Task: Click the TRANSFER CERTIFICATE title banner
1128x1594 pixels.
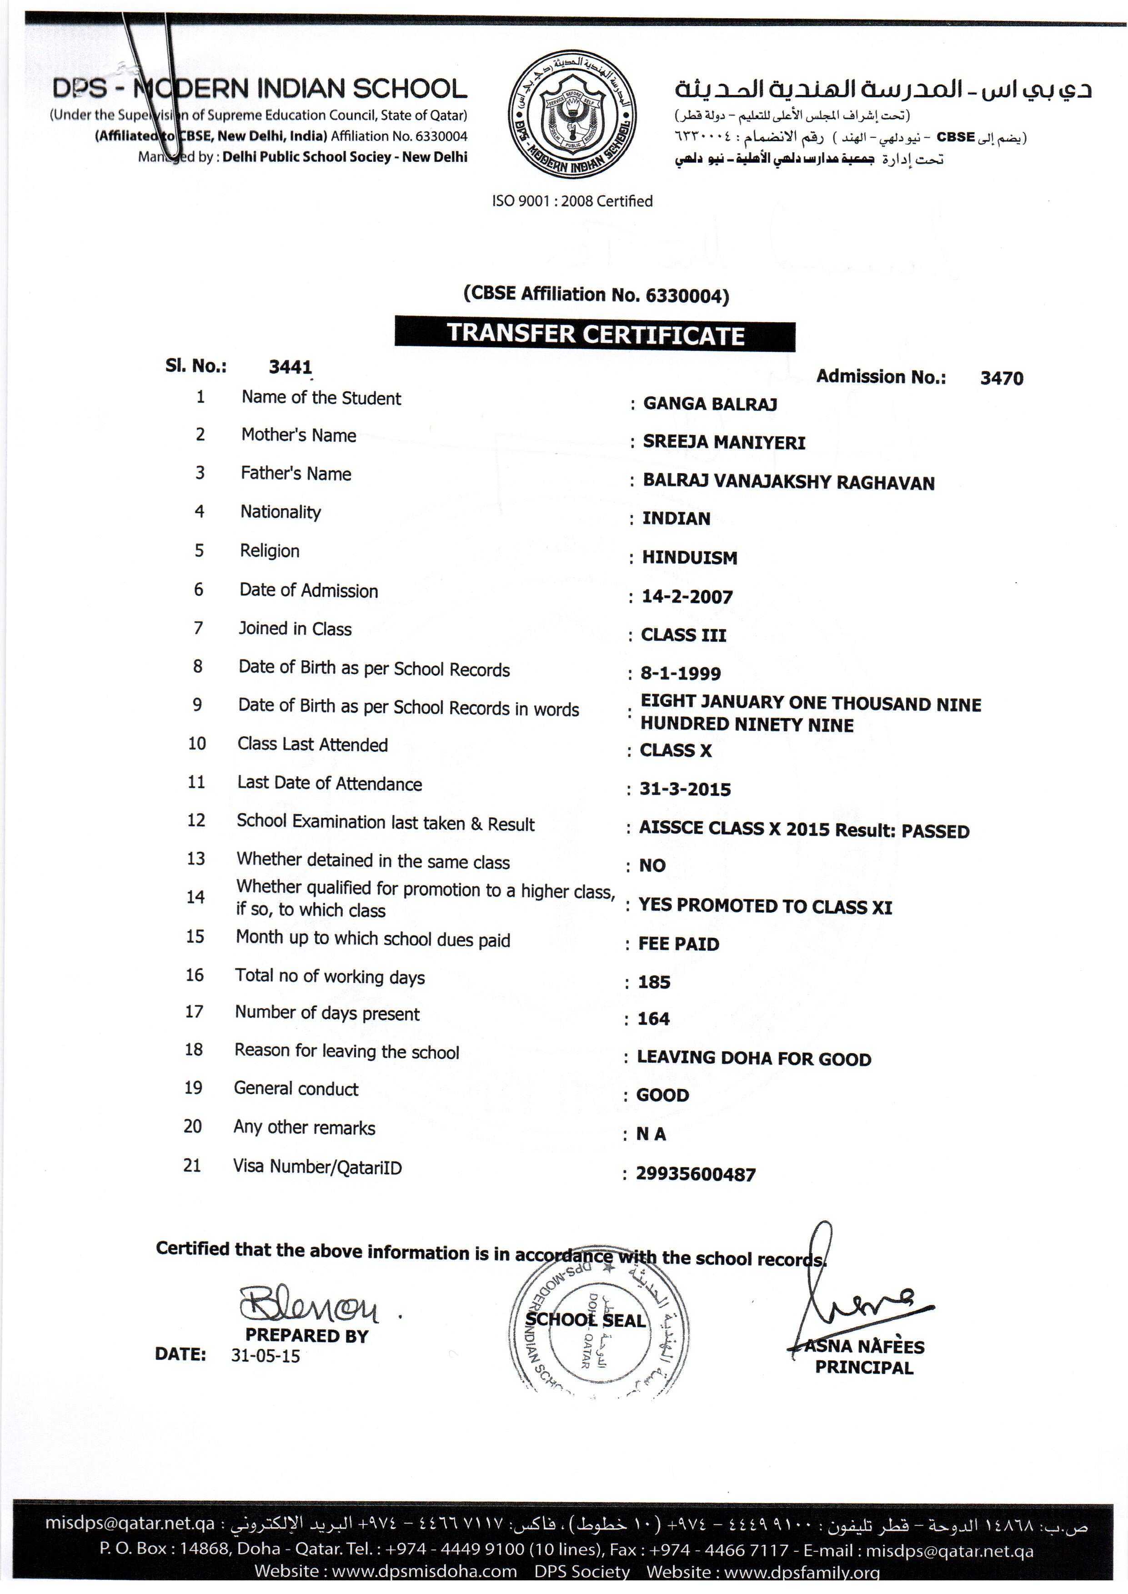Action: pos(595,334)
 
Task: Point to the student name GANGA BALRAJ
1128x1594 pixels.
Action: pos(710,404)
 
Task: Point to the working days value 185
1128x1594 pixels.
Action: pos(654,982)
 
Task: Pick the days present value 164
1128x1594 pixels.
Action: pos(654,1019)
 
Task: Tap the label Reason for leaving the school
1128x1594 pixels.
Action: pos(346,1051)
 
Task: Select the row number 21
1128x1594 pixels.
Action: pos(192,1165)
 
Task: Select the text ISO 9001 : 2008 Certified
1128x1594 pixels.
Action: pos(572,201)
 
